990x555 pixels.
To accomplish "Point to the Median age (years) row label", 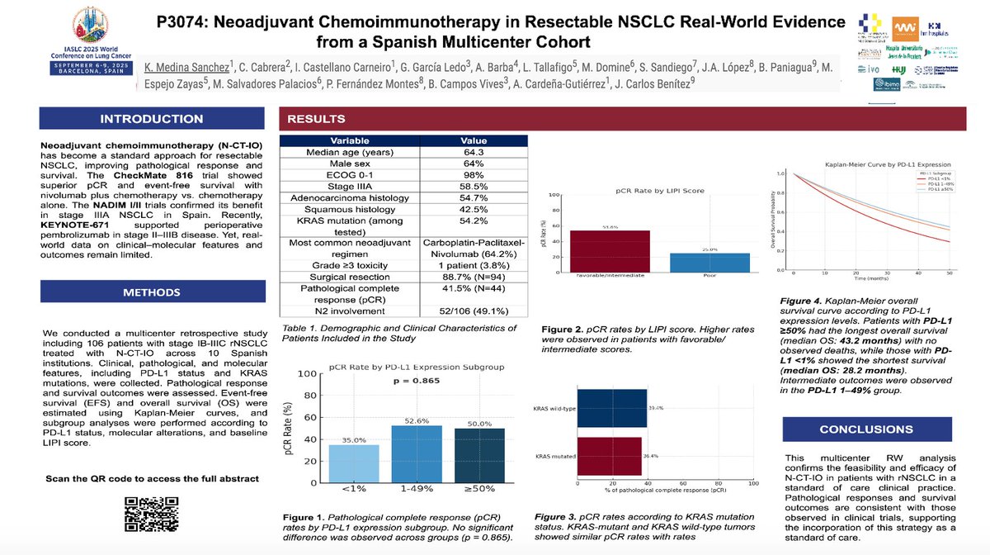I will coord(350,153).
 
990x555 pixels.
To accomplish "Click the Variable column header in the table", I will coord(350,140).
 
